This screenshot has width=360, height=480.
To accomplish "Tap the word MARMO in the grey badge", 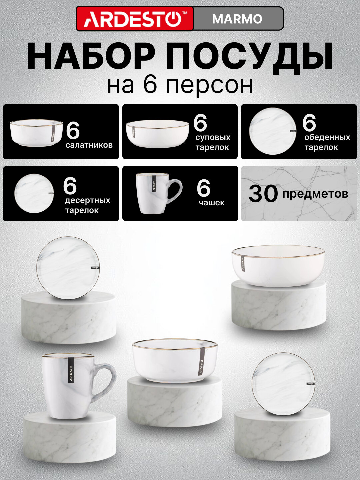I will click(x=237, y=19).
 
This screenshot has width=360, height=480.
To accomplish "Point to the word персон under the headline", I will click(x=209, y=86).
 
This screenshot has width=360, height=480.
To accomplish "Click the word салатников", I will click(x=89, y=145).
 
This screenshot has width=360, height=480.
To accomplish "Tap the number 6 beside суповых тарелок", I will click(x=200, y=123).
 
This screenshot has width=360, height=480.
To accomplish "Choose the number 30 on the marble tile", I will click(x=263, y=194).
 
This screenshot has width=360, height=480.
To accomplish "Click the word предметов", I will click(x=315, y=194).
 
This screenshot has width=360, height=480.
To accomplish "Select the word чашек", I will click(x=212, y=203).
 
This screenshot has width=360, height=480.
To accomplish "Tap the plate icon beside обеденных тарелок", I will click(x=273, y=131).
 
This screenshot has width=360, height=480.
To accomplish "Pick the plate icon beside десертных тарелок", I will click(x=34, y=193).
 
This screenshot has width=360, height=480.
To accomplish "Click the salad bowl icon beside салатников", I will click(x=36, y=133).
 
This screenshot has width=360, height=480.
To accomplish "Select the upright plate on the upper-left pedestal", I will click(x=68, y=268).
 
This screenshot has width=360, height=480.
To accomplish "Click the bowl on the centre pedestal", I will click(x=175, y=360).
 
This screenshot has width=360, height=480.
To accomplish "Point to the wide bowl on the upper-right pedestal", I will click(x=278, y=266).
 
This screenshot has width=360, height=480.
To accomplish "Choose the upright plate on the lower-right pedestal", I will click(x=283, y=384).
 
